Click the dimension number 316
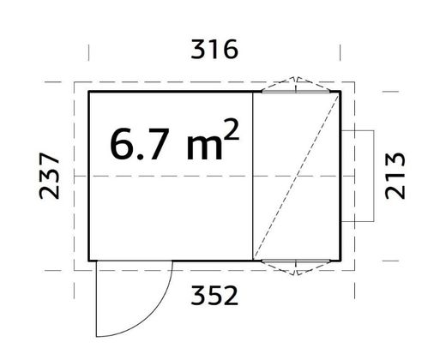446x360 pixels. [x=214, y=50]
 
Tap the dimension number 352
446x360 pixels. [x=214, y=296]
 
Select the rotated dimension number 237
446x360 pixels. [x=49, y=176]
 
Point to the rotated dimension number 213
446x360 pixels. [x=395, y=176]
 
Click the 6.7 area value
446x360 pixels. [x=137, y=144]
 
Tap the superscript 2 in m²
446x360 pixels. [x=232, y=129]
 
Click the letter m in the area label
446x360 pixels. [x=204, y=147]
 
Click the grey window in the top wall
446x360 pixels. [x=296, y=92]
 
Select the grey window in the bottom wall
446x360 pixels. [x=296, y=261]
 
